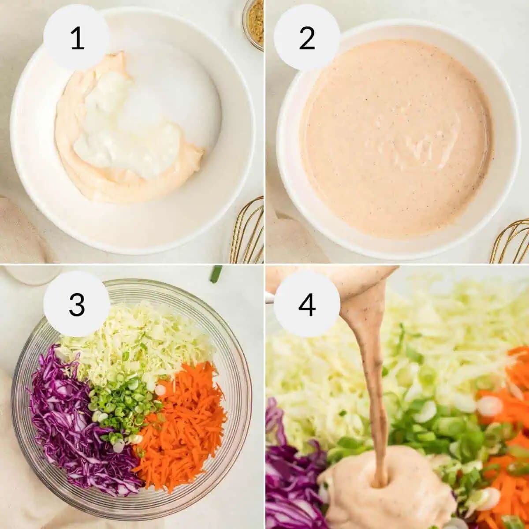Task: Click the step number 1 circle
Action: [77, 37]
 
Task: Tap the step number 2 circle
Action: [307, 37]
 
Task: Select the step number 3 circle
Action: [77, 304]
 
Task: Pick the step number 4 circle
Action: [307, 304]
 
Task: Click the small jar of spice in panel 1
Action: [254, 22]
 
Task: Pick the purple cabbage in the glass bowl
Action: [71, 419]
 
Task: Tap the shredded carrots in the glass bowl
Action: [185, 423]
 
